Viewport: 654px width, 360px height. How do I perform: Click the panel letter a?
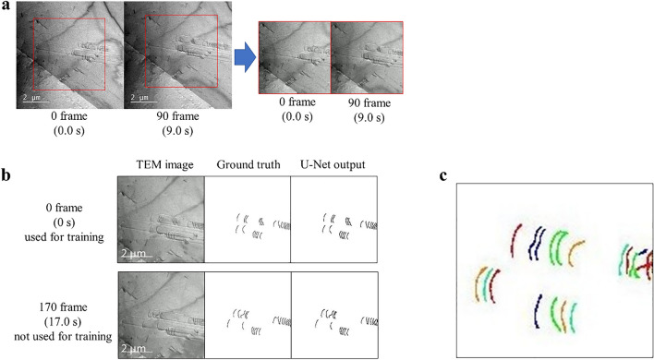tap(7, 7)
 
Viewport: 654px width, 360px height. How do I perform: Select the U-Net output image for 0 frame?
tap(333, 222)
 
